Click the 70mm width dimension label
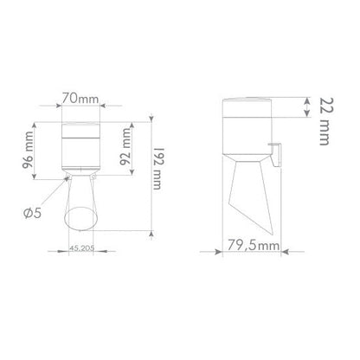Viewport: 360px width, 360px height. tap(80, 99)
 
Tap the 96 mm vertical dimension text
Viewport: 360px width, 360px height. tap(29, 150)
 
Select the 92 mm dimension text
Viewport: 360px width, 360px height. tap(125, 146)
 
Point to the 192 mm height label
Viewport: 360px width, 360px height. tap(157, 169)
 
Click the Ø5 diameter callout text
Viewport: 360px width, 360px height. tap(32, 213)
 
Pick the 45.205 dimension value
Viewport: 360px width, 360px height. tap(82, 248)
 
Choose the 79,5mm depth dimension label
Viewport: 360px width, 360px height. tap(254, 246)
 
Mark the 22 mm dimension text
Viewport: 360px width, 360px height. tap(327, 121)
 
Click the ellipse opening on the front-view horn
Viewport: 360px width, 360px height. tap(80, 218)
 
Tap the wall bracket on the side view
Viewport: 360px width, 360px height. tap(275, 154)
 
